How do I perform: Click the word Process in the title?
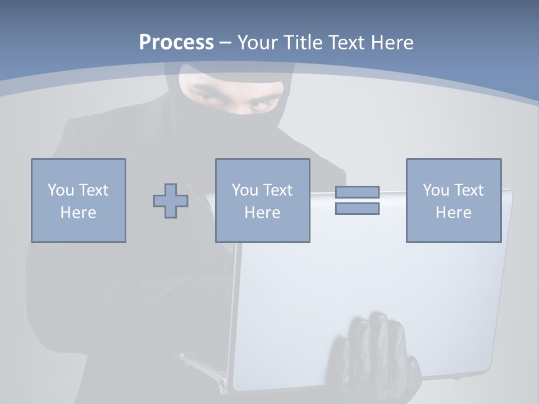coord(176,43)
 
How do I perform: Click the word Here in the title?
coord(392,43)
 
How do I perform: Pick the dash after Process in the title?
coord(225,43)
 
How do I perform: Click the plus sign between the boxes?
coord(171,201)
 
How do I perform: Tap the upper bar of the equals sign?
coord(357,192)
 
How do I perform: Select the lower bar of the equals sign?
coord(357,209)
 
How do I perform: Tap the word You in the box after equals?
coord(436,190)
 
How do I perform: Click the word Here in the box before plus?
coord(78,213)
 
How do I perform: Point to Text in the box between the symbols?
coord(278,190)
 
